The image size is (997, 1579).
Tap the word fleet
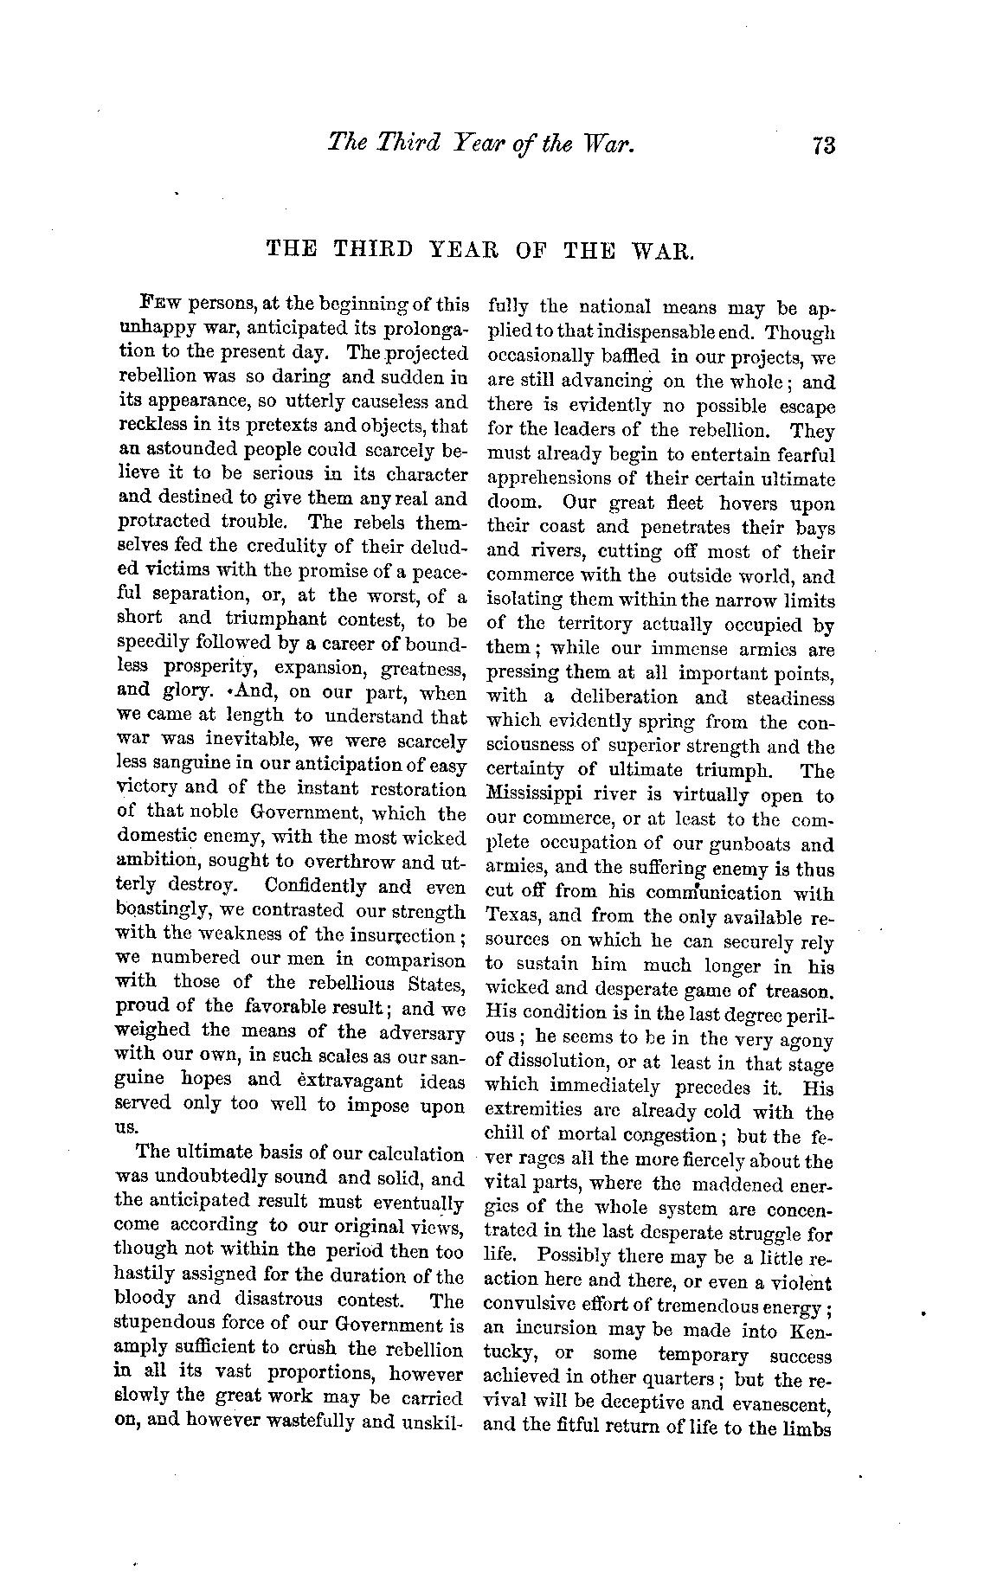(687, 503)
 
